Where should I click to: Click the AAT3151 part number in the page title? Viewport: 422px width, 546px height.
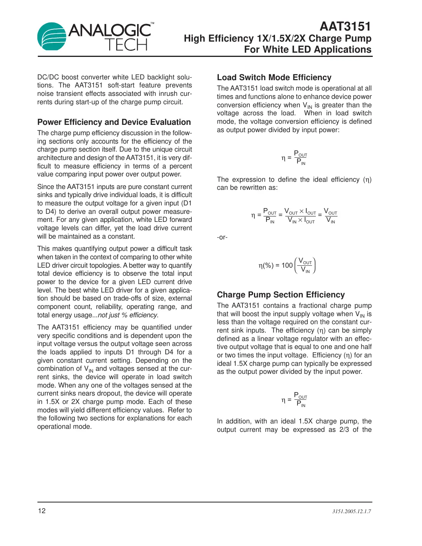pyautogui.click(x=345, y=26)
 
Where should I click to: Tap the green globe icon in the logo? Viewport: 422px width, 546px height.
pyautogui.click(x=52, y=37)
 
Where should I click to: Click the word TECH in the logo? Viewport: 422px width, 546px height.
pyautogui.click(x=126, y=45)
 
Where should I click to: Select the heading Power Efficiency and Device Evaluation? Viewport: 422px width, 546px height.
pyautogui.click(x=114, y=122)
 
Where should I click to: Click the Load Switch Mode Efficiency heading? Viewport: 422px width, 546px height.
pyautogui.click(x=274, y=78)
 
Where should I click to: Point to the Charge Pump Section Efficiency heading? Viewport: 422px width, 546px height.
pyautogui.click(x=281, y=295)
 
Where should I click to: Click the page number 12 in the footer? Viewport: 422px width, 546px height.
pyautogui.click(x=42, y=511)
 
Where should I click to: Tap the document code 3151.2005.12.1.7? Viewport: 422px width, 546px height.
pyautogui.click(x=351, y=511)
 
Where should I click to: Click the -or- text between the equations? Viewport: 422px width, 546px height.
pyautogui.click(x=222, y=237)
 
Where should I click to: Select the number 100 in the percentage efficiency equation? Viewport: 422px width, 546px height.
pyautogui.click(x=287, y=265)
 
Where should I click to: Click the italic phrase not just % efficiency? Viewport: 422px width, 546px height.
pyautogui.click(x=128, y=315)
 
